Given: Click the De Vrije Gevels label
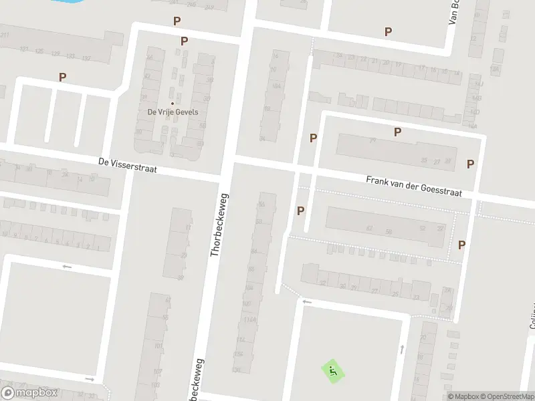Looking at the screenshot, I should [x=173, y=112].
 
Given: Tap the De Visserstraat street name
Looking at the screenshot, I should [x=127, y=165].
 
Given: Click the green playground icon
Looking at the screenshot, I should [x=332, y=370].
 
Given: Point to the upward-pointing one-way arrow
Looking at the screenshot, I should [x=402, y=348].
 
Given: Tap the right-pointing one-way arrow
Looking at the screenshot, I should [x=90, y=379].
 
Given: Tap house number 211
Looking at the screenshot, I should [x=5, y=35].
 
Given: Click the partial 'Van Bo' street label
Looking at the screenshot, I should [x=455, y=12].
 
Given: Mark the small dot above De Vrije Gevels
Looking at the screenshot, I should [x=173, y=103].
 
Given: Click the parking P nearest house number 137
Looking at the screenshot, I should [x=62, y=77].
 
